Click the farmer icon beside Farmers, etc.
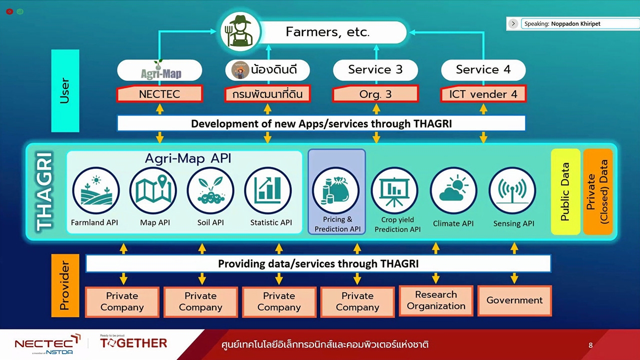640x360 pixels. coord(240,31)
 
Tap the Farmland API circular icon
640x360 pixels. coord(96,191)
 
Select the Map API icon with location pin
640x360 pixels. coord(153,191)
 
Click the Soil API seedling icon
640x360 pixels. coord(210,191)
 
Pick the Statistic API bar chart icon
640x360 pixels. coord(268,191)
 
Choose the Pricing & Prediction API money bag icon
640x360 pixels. coord(336,191)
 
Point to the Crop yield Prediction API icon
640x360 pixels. coord(394,191)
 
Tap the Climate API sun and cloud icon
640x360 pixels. coord(453,191)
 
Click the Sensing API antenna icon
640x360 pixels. coord(512,191)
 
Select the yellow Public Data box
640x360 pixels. coord(565,192)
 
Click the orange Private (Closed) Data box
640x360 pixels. coord(598,192)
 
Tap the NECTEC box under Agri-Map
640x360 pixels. coord(159,94)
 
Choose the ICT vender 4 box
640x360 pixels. coord(483,94)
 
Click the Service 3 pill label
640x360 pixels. coord(375,70)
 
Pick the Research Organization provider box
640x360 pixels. coord(436,300)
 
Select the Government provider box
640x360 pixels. coord(514,300)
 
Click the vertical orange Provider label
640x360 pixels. coord(65,285)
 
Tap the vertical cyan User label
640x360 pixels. coord(65,90)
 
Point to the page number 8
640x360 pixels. coord(590,345)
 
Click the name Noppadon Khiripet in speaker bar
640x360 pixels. coord(575,23)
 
